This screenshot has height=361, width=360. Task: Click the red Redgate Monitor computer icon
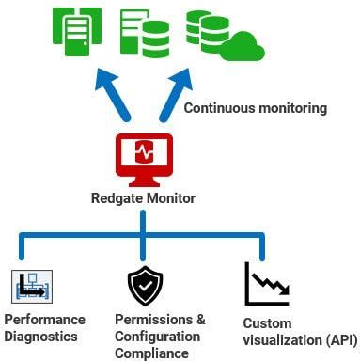(144, 158)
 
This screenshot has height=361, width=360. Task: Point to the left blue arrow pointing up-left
(114, 98)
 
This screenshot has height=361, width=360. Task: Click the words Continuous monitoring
(255, 108)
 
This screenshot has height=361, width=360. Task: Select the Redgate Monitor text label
(143, 197)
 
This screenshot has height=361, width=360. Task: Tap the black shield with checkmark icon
(144, 286)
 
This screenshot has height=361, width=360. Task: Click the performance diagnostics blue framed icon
(30, 286)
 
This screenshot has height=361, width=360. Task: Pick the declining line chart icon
(266, 285)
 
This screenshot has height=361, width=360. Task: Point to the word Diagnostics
(42, 337)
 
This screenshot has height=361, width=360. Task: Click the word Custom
(266, 322)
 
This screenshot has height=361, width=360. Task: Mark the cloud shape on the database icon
(245, 44)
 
